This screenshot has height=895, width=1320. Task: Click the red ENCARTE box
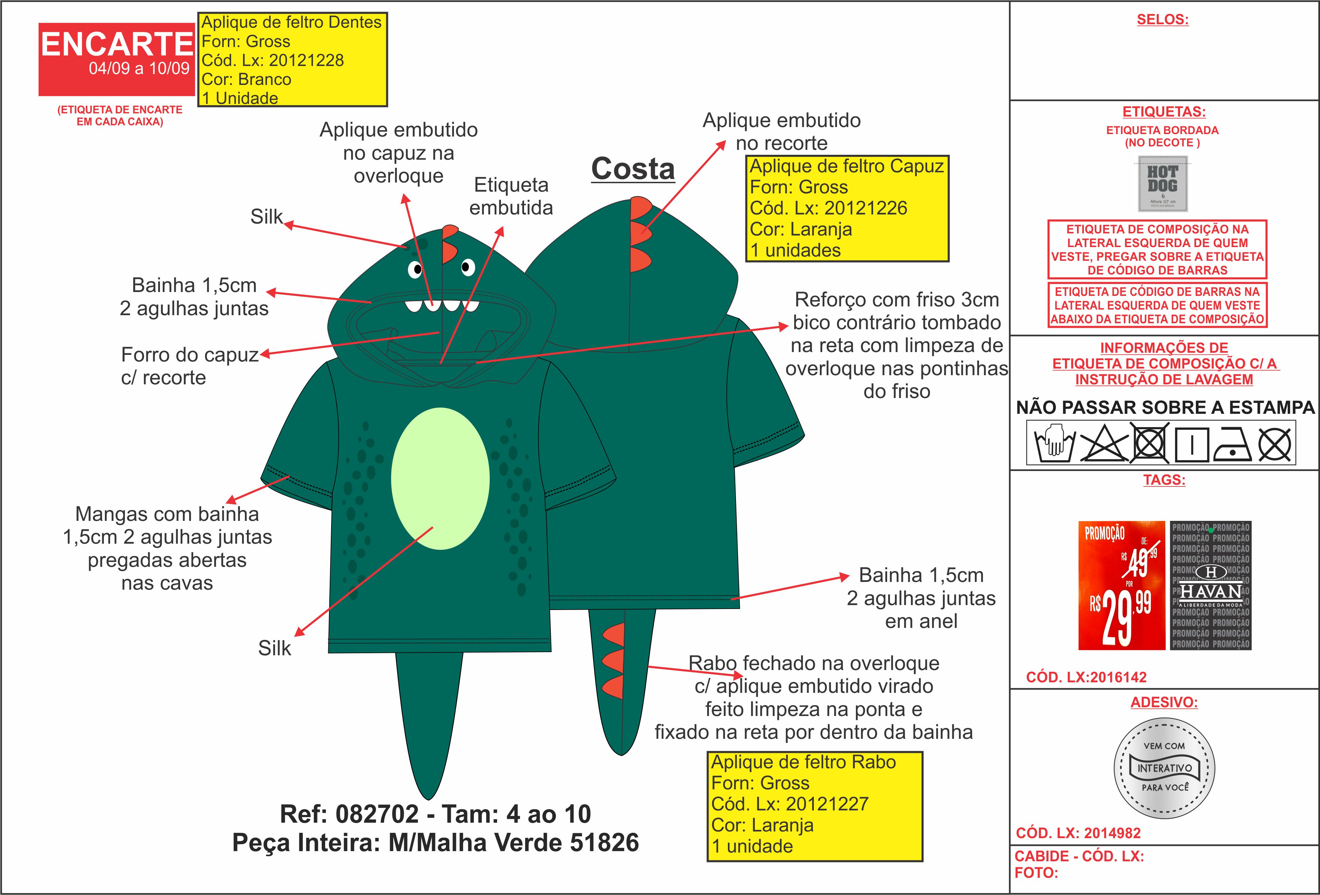116,59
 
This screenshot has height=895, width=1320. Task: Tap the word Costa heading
633,169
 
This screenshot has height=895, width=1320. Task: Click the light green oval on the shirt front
440,478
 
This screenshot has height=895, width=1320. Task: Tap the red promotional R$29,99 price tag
1121,585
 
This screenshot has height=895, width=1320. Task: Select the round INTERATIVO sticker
1164,768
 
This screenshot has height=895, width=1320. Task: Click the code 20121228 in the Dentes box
306,60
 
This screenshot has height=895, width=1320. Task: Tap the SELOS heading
1162,19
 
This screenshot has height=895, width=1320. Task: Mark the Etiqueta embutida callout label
511,196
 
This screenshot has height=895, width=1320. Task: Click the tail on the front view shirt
428,722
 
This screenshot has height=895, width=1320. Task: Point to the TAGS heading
1164,479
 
